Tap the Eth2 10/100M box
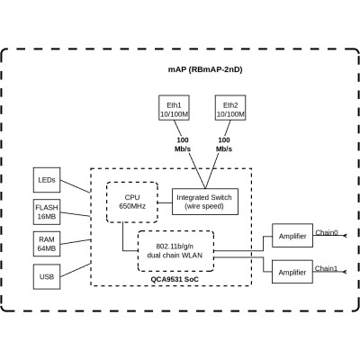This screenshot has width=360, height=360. click(x=229, y=109)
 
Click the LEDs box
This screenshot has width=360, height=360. click(x=47, y=180)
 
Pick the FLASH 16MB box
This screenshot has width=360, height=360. click(x=47, y=213)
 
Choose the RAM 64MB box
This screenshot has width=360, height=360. click(x=47, y=245)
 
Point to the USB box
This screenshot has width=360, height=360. click(x=47, y=277)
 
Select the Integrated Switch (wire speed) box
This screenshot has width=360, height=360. click(x=204, y=202)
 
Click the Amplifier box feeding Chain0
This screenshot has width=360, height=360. click(x=287, y=237)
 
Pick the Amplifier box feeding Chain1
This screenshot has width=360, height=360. click(x=287, y=271)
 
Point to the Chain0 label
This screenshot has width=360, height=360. click(x=327, y=232)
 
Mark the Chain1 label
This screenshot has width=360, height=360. click(x=327, y=267)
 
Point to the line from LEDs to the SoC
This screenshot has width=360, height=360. click(x=77, y=187)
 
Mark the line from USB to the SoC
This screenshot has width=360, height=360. click(x=77, y=272)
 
